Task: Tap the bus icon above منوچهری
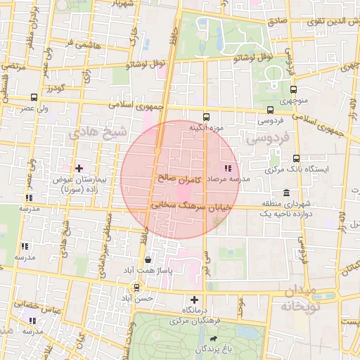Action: coord(294,89)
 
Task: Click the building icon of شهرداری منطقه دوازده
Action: coord(285,193)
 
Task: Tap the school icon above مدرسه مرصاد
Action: coord(226,168)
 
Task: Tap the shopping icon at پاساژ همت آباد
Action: coord(146,259)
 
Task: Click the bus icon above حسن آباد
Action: coord(136,288)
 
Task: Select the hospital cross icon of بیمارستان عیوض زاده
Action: coord(79,168)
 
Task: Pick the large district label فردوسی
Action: coord(264,140)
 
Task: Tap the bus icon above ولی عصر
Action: coord(34,98)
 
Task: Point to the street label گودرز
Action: coord(56,89)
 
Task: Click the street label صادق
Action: coord(278,22)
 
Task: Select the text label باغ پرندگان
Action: coord(202,349)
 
